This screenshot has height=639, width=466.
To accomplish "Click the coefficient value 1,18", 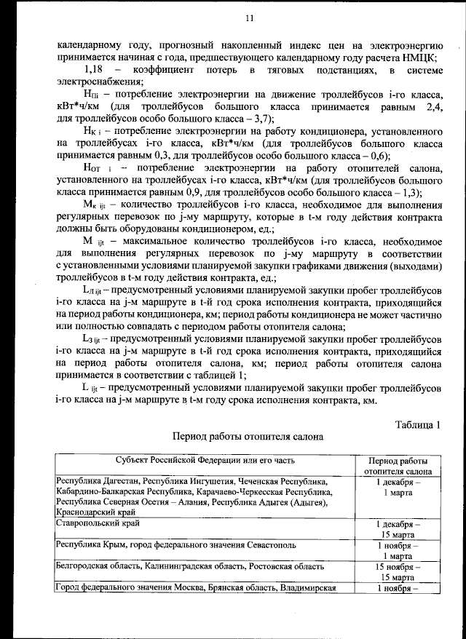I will [96, 69].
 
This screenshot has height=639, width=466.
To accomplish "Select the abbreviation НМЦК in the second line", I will [422, 55].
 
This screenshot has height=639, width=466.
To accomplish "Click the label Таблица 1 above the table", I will [418, 424].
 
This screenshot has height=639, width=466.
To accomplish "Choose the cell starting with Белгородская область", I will [189, 565].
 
